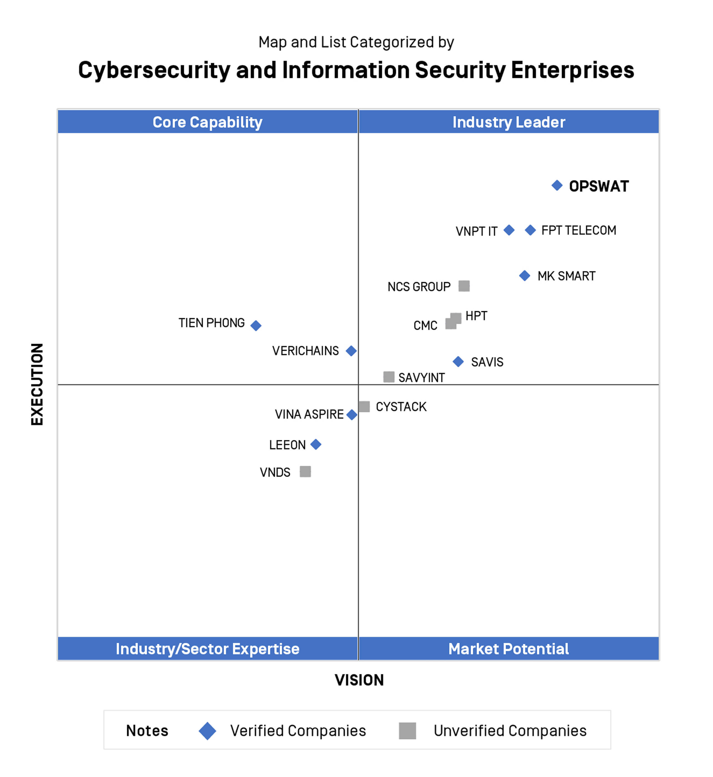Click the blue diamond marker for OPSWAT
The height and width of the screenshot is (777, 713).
coord(557,185)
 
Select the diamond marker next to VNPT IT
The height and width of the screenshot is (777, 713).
coord(509,230)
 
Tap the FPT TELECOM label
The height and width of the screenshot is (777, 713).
coord(578,230)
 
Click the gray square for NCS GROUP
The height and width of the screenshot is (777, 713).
coord(464,286)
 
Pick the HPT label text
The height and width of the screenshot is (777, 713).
coord(476,316)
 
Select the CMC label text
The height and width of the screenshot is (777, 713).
coord(425,326)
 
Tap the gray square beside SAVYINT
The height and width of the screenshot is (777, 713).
coord(388,377)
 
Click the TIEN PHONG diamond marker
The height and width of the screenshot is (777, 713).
coord(256,326)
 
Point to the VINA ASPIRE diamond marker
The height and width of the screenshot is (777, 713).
coord(352,415)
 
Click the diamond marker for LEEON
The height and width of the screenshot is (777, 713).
coord(316,445)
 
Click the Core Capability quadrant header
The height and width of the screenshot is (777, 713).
coord(208,122)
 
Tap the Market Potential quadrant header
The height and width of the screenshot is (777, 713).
coord(509,649)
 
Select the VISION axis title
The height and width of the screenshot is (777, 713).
coord(359,680)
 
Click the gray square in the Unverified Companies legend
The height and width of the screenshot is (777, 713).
coord(407,731)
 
